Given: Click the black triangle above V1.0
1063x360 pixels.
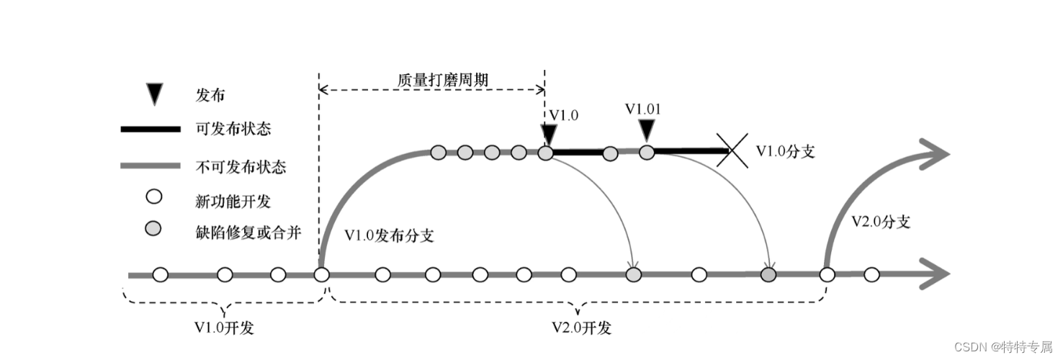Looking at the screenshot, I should click(x=549, y=134).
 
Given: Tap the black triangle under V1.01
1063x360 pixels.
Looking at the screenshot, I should click(x=647, y=130).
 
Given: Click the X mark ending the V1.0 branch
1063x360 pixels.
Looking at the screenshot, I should click(x=732, y=151).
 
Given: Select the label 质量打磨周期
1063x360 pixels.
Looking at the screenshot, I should click(x=443, y=79).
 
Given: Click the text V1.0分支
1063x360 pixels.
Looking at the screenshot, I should click(x=785, y=151).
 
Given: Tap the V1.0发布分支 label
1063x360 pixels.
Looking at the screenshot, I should click(x=389, y=235).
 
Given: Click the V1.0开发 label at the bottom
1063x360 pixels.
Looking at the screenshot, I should click(x=225, y=328).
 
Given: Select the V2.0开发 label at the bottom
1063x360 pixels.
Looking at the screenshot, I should click(x=582, y=328).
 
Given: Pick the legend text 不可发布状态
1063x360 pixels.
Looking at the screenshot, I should click(x=241, y=167).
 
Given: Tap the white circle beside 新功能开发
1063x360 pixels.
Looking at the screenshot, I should click(x=153, y=197).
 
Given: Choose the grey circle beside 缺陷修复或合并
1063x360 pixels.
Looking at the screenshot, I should click(x=153, y=229).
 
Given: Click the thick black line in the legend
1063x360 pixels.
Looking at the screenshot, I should click(x=150, y=130).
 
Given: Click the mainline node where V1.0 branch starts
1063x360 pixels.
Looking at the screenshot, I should click(x=321, y=274).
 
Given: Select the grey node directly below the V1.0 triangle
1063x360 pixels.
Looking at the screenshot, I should click(x=546, y=153).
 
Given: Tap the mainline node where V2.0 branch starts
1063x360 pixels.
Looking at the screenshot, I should click(x=827, y=274).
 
